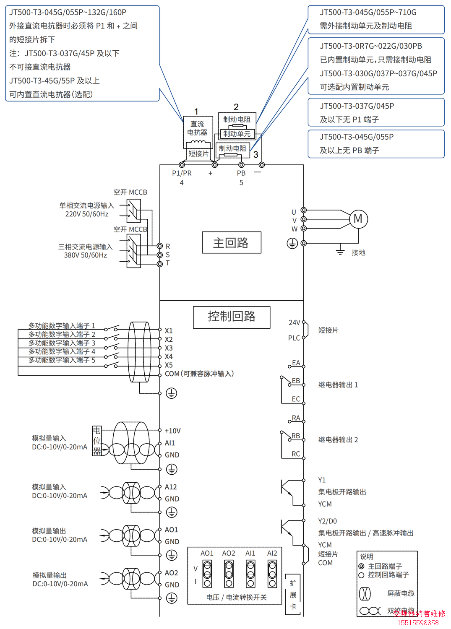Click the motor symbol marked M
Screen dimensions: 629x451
pyautogui.click(x=358, y=219)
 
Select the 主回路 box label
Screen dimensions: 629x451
pyautogui.click(x=231, y=243)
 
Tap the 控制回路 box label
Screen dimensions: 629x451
pyautogui.click(x=232, y=317)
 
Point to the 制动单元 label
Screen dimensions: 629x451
pyautogui.click(x=237, y=134)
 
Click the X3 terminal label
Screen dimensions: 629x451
pyautogui.click(x=169, y=348)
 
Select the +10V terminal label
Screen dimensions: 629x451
pyautogui.click(x=172, y=431)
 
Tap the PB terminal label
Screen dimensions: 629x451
pyautogui.click(x=241, y=173)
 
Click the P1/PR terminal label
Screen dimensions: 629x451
pyautogui.click(x=182, y=173)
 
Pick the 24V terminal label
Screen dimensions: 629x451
pyautogui.click(x=294, y=322)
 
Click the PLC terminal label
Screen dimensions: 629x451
pyautogui.click(x=294, y=338)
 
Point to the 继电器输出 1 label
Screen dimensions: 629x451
pyautogui.click(x=338, y=385)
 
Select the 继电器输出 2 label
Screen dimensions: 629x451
pyautogui.click(x=338, y=440)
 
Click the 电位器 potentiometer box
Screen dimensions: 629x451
pyautogui.click(x=97, y=441)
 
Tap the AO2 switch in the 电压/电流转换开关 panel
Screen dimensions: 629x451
pyautogui.click(x=229, y=574)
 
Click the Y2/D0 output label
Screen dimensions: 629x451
pyautogui.click(x=327, y=521)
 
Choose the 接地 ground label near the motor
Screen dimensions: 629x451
pyautogui.click(x=358, y=252)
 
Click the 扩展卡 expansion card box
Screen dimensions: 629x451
pyautogui.click(x=293, y=595)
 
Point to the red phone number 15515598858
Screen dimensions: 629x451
pyautogui.click(x=418, y=623)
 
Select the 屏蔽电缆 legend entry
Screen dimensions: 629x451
pyautogui.click(x=400, y=593)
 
